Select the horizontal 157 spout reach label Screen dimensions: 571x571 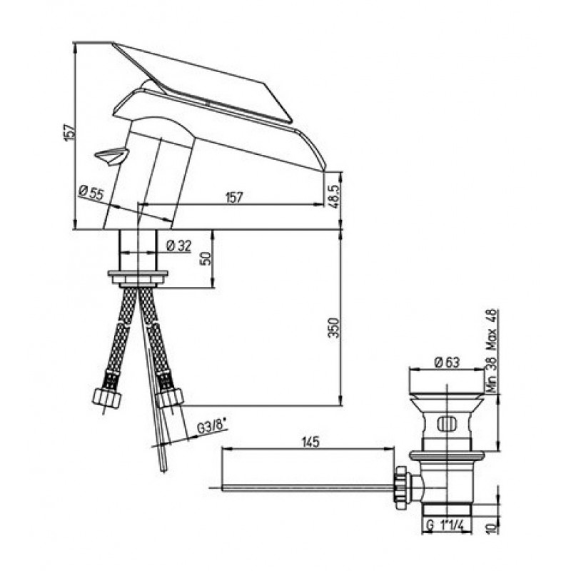234,197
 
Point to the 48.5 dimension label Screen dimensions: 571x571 335,196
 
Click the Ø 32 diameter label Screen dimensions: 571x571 178,246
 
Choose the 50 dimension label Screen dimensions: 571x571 206,258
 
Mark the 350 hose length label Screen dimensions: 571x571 333,328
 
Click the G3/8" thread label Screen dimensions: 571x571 211,426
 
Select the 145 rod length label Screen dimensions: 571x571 310,441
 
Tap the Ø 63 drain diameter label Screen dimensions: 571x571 448,362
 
